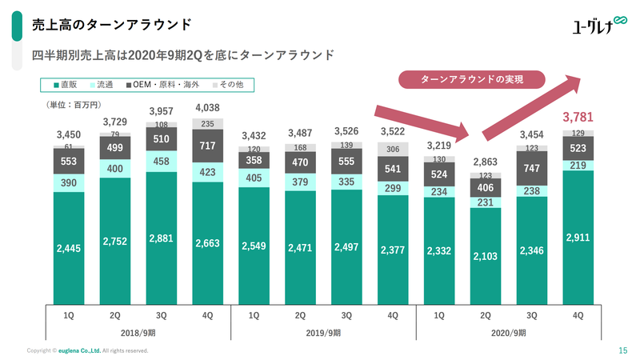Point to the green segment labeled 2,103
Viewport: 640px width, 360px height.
click(486, 255)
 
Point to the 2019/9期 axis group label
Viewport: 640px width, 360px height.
click(324, 332)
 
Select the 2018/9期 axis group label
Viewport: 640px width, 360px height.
click(138, 332)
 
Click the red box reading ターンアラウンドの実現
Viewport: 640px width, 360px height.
click(471, 79)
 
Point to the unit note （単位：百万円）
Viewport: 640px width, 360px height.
click(73, 105)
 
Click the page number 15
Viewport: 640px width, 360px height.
click(622, 350)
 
